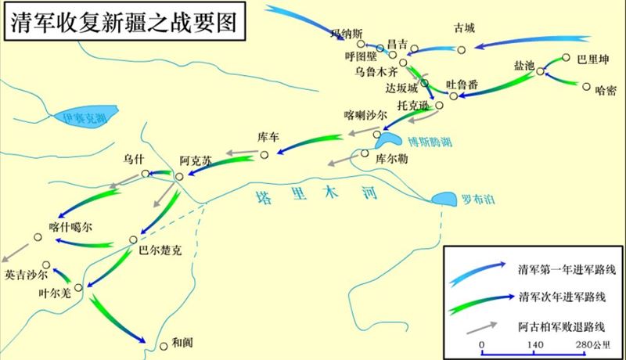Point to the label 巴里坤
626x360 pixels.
click(x=592, y=59)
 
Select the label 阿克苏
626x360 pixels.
click(x=196, y=160)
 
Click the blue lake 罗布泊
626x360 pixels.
click(x=448, y=199)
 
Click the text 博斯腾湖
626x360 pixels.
click(x=428, y=142)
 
